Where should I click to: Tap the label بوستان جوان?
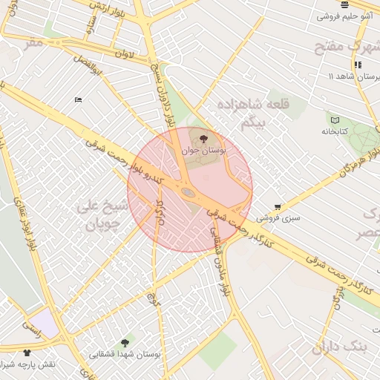coord(204,150)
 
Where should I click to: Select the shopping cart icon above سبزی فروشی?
coord(278,207)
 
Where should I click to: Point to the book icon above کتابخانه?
coord(335,119)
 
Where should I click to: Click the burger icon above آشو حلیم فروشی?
coord(345,4)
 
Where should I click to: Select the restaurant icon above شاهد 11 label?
coord(357,65)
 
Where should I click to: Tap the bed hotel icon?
coord(78,99)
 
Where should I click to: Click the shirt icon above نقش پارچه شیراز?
coord(27,353)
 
